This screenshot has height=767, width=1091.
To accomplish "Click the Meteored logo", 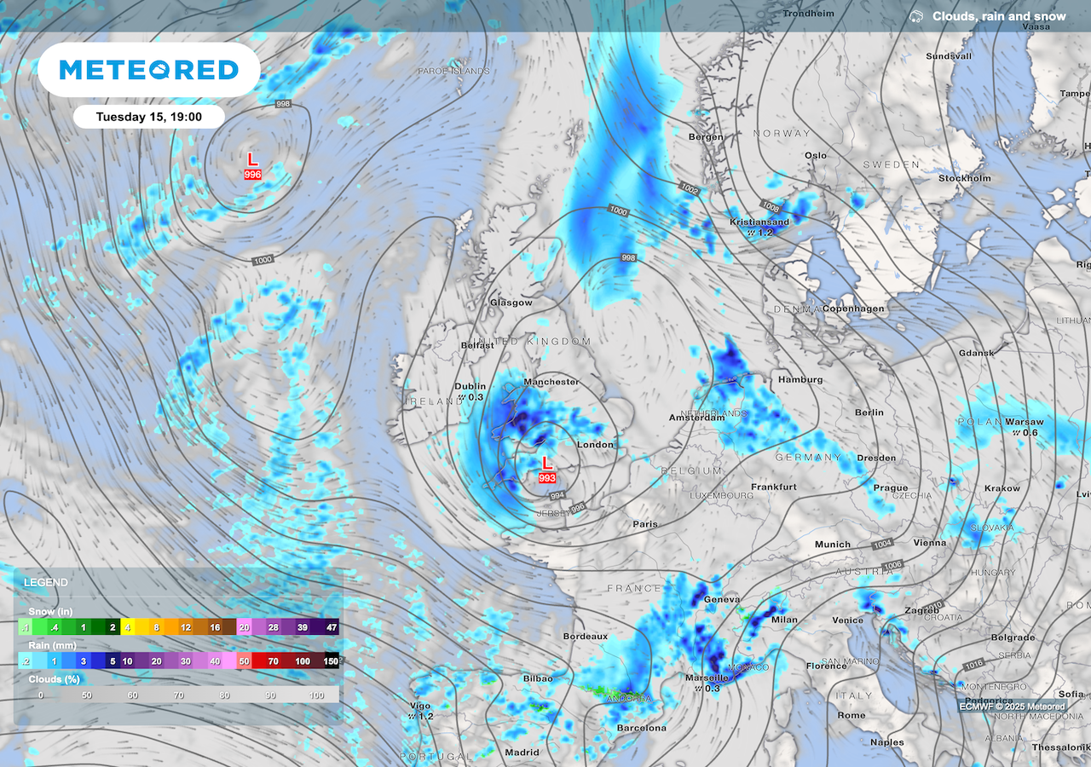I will (148, 69).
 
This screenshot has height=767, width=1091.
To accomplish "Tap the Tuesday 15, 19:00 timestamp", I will (148, 116).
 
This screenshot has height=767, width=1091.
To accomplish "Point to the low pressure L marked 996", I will (252, 159).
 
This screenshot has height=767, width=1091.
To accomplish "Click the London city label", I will (595, 445).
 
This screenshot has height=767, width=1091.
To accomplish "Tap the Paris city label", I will (645, 524).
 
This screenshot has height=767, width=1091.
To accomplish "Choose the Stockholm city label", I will (965, 178).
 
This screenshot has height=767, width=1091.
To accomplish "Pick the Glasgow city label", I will (511, 303).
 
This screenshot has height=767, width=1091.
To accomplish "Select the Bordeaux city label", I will (586, 637).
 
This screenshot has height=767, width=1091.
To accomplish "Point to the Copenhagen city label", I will (854, 309).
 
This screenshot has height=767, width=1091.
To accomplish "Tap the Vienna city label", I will (930, 542).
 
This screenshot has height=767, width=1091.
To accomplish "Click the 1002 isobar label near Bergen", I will (690, 187).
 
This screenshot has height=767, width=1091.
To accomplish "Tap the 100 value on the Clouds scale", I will (316, 695).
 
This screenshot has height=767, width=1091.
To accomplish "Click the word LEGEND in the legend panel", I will (46, 583).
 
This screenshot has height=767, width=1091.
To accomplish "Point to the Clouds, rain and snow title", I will (998, 16).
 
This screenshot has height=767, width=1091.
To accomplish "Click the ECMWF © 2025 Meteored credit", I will (1012, 706).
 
